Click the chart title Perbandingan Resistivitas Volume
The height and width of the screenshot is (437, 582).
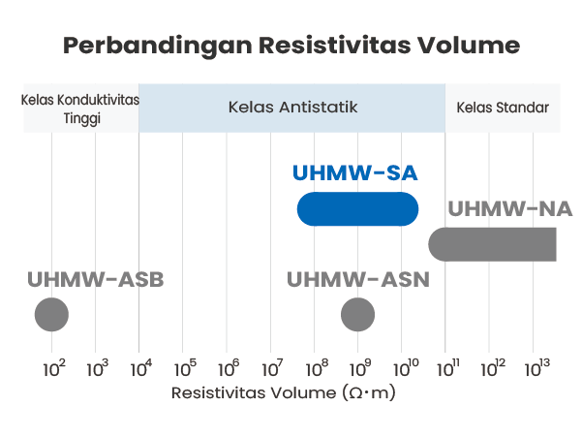(291, 47)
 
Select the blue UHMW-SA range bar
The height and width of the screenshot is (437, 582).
(357, 209)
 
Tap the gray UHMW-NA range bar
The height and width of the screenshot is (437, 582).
(492, 244)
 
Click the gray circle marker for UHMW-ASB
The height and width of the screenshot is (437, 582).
(51, 315)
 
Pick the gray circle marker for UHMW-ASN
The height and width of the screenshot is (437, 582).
(357, 315)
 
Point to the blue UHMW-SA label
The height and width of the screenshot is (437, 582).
(355, 173)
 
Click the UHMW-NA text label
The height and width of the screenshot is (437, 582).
(510, 208)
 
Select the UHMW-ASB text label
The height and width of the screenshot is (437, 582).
(96, 280)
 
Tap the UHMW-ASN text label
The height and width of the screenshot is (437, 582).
(358, 280)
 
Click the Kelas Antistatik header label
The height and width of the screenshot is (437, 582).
(292, 108)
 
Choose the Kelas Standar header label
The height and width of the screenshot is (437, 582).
(503, 108)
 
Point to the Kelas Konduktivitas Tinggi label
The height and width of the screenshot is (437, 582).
(80, 109)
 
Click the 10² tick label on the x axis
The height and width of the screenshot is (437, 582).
(54, 367)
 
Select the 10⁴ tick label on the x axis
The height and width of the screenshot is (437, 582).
(141, 367)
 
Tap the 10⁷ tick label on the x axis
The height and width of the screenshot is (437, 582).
(272, 367)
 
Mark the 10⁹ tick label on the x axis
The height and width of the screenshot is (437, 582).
(360, 367)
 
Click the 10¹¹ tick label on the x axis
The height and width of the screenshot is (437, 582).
(448, 367)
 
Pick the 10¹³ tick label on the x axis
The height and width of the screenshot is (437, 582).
(537, 367)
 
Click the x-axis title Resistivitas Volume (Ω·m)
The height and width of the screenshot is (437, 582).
(284, 393)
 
